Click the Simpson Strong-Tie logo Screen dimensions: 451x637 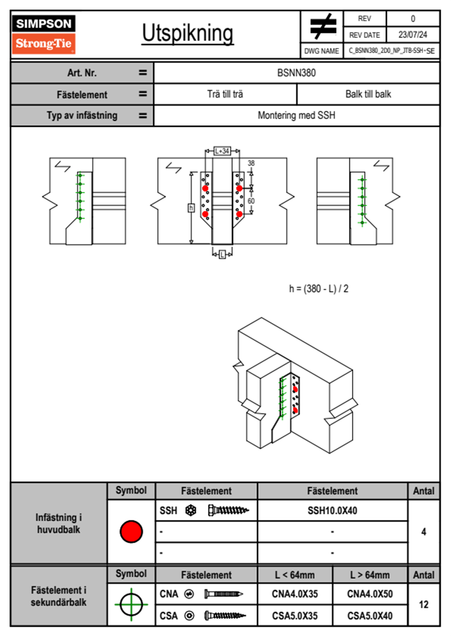44,34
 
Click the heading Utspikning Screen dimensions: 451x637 188,34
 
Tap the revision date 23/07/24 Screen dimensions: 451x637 413,35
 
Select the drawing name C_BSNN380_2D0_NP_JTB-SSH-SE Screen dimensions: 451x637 391,51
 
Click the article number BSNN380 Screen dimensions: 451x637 296,73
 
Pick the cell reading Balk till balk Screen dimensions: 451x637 368,94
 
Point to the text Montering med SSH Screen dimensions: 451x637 296,115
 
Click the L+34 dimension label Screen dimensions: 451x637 222,151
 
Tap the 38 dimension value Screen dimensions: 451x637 251,163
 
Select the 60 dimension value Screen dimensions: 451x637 251,201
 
